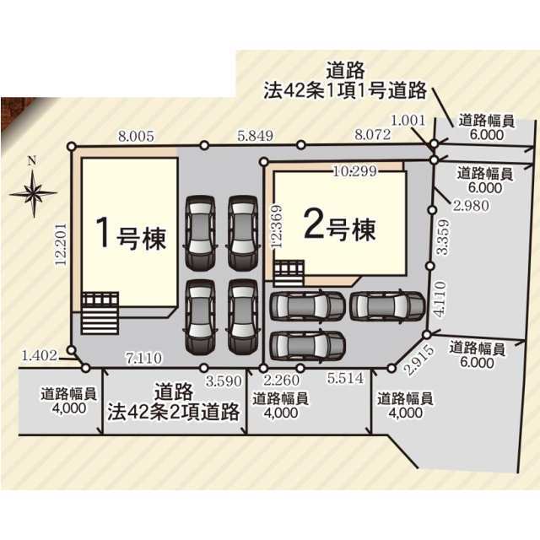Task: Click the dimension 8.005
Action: [x=136, y=133]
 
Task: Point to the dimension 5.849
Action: [x=255, y=133]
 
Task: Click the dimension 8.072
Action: [x=371, y=133]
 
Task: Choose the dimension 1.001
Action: [x=408, y=121]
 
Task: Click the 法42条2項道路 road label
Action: [x=174, y=403]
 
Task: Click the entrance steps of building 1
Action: [x=100, y=315]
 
